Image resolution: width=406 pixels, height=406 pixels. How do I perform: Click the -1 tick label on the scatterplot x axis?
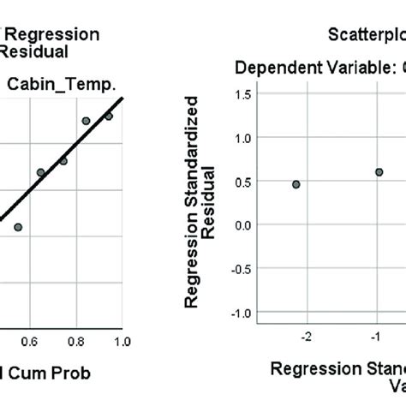375,337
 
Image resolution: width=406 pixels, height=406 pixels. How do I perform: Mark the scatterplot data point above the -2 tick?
296,184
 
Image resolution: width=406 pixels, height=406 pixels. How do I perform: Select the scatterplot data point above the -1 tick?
379,172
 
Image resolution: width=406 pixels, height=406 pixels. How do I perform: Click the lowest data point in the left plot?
18,227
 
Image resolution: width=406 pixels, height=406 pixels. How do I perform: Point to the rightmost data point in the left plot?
109,116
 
